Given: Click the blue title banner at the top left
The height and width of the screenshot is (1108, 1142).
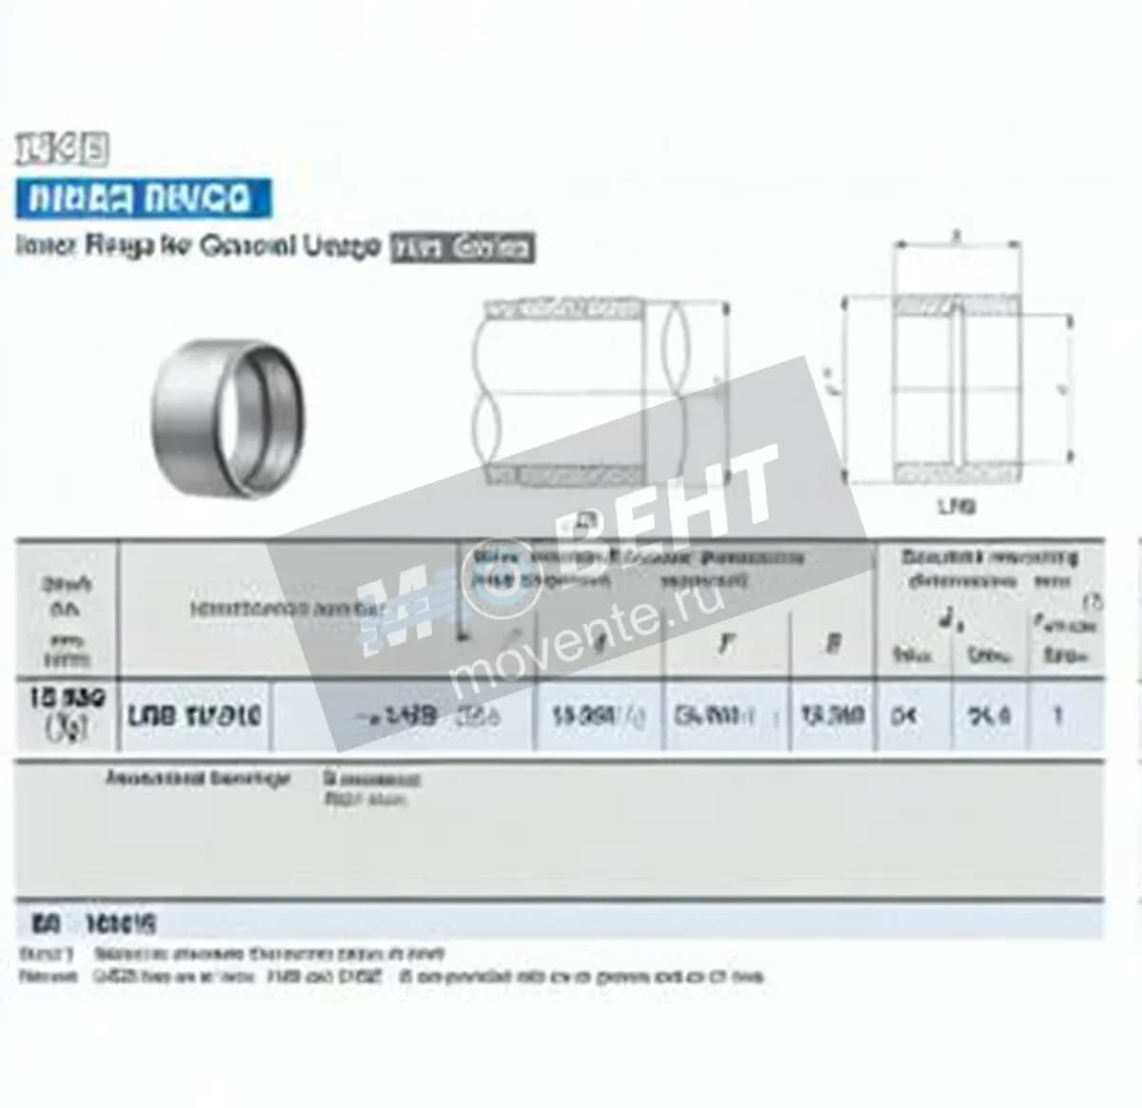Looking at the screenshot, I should click(142, 199).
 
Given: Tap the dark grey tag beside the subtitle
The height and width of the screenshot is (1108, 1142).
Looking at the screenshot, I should click(463, 248).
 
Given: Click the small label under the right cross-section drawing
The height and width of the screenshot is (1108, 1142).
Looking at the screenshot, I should click(956, 507).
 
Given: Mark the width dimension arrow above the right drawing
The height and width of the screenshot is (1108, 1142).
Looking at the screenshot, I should click(956, 243).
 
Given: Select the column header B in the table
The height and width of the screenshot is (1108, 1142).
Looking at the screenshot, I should click(832, 644).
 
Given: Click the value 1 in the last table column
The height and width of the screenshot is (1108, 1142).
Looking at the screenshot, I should click(1057, 714).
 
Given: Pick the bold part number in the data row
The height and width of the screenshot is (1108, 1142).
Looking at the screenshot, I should click(195, 715).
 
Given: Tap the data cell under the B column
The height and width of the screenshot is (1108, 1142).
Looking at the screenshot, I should click(832, 714).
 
